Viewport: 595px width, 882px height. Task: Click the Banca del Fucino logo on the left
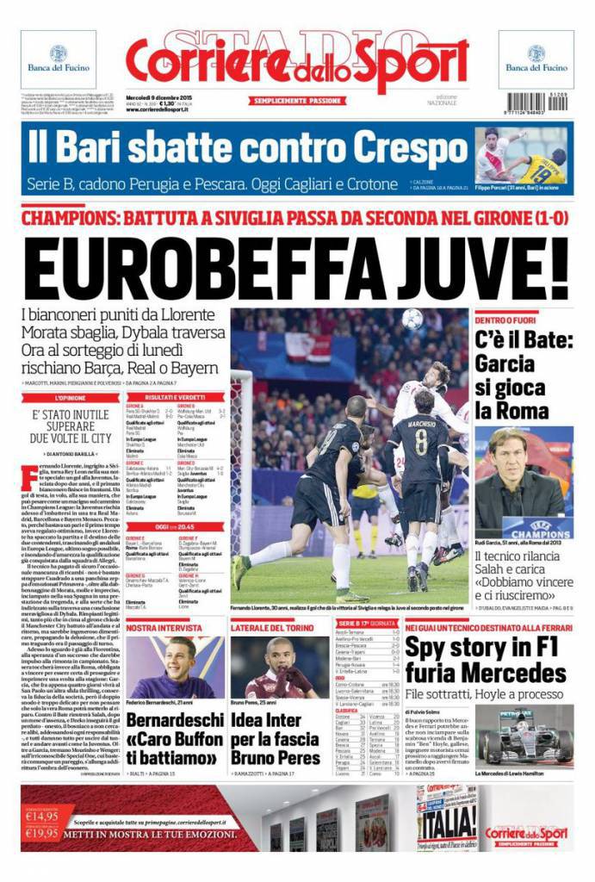click(x=59, y=58)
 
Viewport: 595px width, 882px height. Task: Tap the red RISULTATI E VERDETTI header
click(x=173, y=397)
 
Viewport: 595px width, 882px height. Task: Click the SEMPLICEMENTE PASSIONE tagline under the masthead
click(x=296, y=101)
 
